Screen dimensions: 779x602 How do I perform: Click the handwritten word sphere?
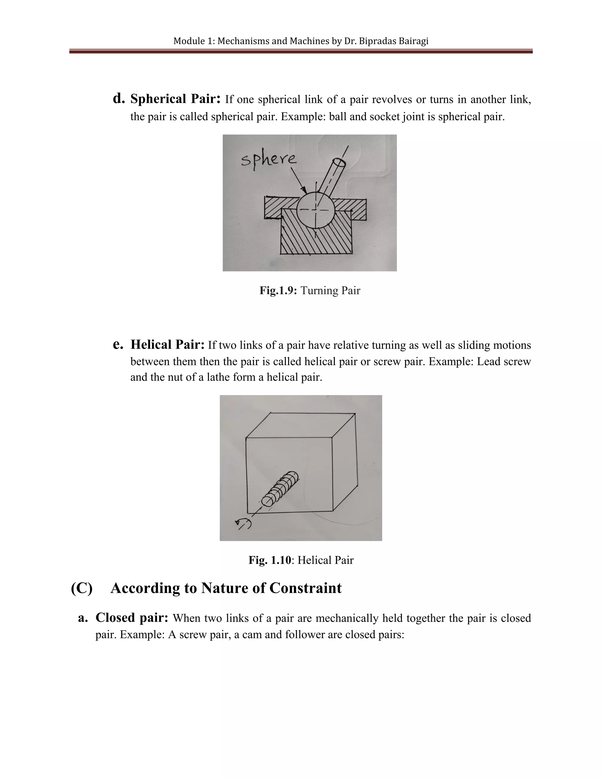click(268, 159)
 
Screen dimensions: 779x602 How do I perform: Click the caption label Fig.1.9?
click(278, 291)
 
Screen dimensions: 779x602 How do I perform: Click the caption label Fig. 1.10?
click(270, 560)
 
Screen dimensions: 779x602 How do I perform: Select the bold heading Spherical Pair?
click(175, 99)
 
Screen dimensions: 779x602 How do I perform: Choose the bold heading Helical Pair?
click(167, 345)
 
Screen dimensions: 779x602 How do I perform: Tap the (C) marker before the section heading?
click(82, 588)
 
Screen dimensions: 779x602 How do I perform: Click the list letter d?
click(118, 98)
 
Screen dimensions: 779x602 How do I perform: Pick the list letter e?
click(118, 345)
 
